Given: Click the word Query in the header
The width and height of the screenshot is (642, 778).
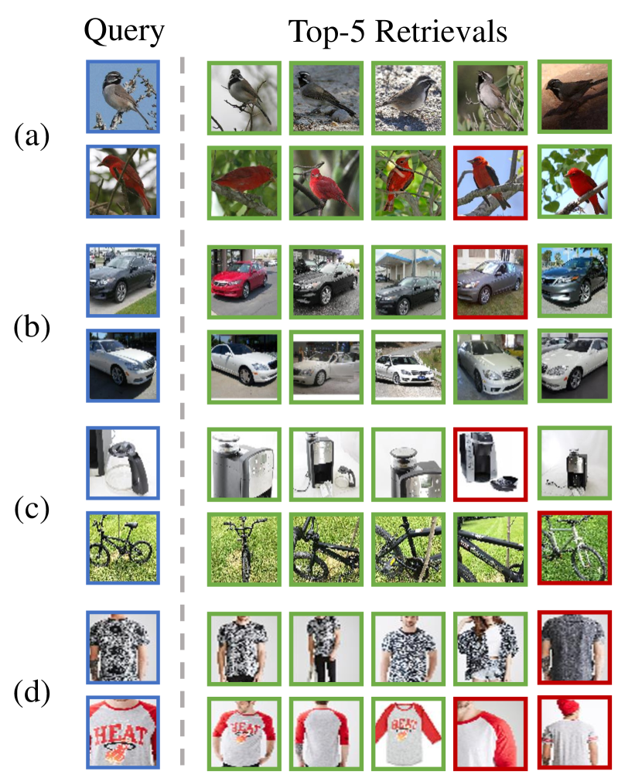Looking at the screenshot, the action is (x=124, y=32).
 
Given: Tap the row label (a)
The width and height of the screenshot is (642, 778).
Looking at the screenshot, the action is (x=32, y=136).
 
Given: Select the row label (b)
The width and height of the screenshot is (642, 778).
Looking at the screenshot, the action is (x=32, y=327).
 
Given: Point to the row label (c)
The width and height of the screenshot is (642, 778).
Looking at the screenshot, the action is (x=32, y=509).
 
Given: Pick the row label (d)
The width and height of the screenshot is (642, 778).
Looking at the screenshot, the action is (x=32, y=693).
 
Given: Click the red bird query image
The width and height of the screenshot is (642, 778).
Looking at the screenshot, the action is (x=123, y=182).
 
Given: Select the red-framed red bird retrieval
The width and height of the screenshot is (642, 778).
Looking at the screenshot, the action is (x=490, y=183).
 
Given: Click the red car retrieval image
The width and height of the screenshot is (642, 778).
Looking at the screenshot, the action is (x=244, y=282).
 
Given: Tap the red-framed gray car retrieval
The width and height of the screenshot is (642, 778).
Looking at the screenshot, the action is (x=490, y=282).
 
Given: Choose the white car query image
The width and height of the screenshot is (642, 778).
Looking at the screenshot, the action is (x=123, y=365).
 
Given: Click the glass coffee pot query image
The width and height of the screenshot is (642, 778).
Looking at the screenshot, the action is (x=123, y=463).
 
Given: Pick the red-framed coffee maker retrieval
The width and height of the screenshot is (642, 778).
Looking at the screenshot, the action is (x=490, y=464).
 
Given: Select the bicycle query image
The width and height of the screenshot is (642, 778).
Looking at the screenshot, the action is (x=123, y=548).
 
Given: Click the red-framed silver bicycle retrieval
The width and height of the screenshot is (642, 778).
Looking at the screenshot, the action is (x=575, y=548).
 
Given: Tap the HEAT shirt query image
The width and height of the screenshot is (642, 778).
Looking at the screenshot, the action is (x=123, y=732).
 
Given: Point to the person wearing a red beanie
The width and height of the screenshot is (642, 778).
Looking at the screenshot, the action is (x=575, y=733).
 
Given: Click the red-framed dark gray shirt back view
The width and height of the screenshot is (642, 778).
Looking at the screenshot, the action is (x=575, y=647).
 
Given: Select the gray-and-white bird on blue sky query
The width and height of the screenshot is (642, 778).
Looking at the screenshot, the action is (x=123, y=97).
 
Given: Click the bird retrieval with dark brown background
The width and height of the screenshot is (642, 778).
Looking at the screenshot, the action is (x=575, y=97).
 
